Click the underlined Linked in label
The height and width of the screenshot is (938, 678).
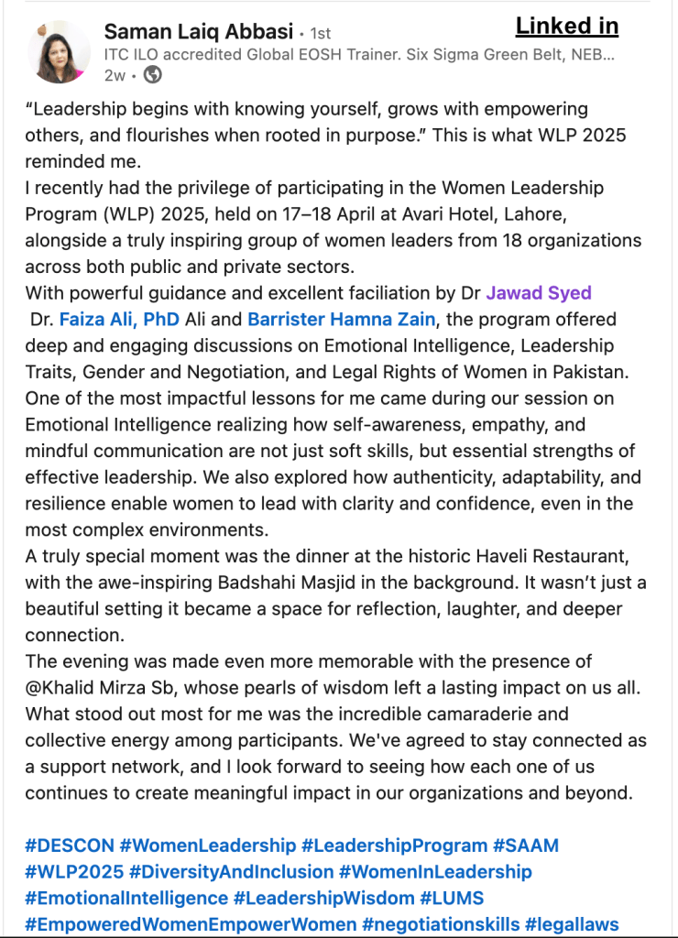566,26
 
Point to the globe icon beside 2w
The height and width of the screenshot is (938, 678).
154,75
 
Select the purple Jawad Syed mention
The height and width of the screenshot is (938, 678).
539,293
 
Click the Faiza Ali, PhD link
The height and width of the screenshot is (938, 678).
119,320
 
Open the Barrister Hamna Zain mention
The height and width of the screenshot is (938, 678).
342,320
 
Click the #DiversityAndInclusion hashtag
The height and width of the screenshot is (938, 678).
232,872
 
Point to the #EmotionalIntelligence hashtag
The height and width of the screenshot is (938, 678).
126,899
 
